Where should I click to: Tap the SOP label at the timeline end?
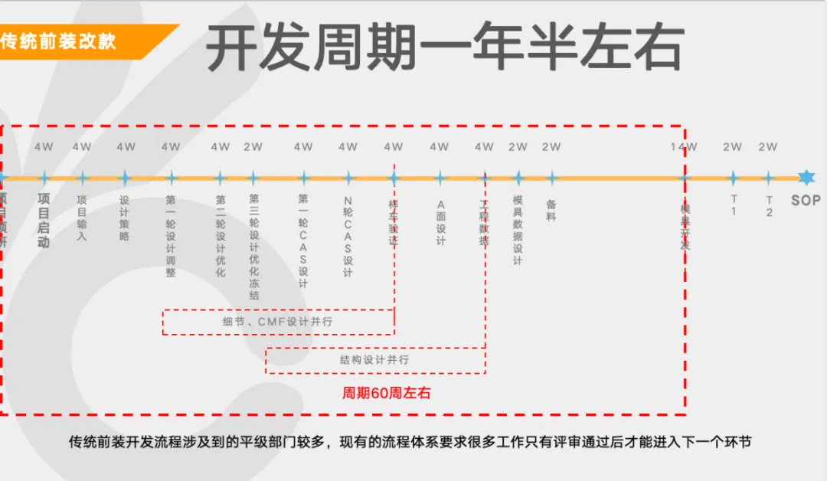806,201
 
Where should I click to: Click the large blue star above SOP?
806,178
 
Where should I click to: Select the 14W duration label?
684,147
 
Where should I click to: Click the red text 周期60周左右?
386,393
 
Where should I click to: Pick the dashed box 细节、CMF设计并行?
278,322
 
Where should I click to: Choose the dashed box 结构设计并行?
374,359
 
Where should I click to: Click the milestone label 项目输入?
82,218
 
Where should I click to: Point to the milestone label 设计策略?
125,218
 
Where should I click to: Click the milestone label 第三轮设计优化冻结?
253,246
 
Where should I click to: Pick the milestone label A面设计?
440,223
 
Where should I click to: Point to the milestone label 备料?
551,211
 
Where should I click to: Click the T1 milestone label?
733,205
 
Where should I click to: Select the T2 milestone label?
769,205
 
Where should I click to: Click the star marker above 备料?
551,178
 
